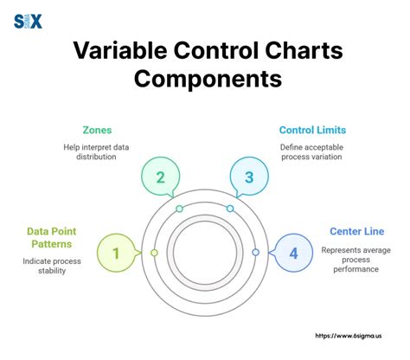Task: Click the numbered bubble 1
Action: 116,253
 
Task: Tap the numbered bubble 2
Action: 161,177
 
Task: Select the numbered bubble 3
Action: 249,177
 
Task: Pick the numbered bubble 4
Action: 293,253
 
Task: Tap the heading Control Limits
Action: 312,130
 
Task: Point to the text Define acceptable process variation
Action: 312,152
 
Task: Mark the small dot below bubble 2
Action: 179,209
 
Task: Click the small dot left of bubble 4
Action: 255,252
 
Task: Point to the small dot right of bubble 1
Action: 154,252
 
